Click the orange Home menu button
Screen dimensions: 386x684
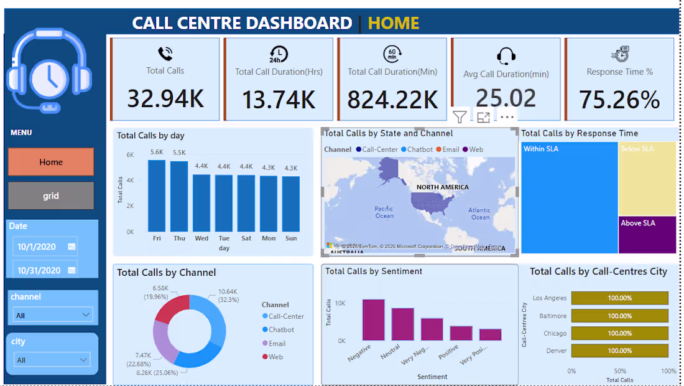[51, 162]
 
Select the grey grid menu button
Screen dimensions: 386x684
[51, 195]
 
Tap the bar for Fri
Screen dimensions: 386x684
[157, 195]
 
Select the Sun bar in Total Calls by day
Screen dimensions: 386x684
[291, 204]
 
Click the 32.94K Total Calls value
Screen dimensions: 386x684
[165, 98]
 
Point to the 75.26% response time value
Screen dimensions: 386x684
[619, 100]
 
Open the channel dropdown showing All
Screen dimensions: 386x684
[53, 315]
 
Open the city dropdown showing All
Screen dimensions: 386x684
[53, 360]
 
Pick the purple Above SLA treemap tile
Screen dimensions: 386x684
[647, 235]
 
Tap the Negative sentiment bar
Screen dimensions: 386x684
[373, 320]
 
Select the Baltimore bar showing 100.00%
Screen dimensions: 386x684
[619, 316]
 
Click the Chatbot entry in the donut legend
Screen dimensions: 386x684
[281, 330]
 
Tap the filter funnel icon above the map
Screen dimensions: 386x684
[460, 116]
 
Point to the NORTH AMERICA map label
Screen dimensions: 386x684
[443, 187]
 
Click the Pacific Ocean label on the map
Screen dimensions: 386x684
[384, 212]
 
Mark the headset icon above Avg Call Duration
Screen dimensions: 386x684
[506, 56]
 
